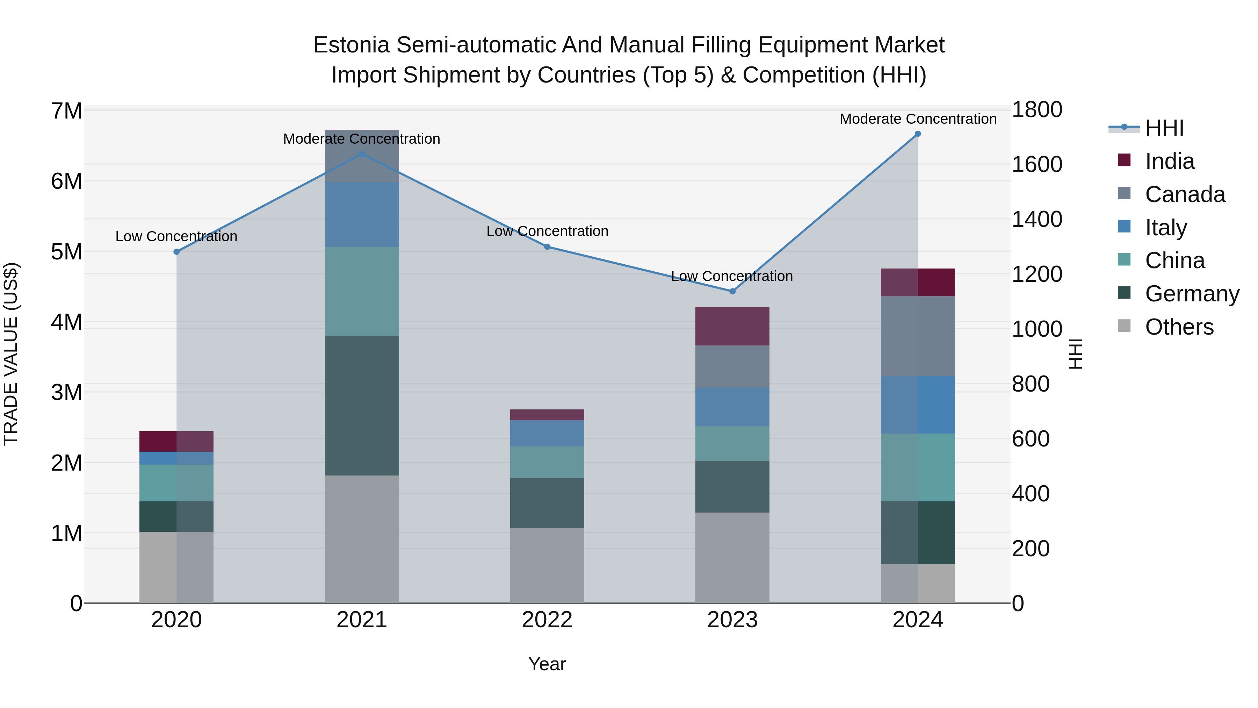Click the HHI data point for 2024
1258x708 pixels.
[x=918, y=134]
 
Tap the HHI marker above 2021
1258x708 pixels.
[x=362, y=154]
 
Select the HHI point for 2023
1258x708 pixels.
[x=732, y=291]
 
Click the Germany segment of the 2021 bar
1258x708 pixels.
[x=362, y=406]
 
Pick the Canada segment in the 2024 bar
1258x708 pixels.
[x=918, y=336]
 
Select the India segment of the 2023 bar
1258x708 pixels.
[x=732, y=327]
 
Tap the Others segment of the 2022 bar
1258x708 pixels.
[x=547, y=565]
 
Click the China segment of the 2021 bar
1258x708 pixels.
[x=362, y=291]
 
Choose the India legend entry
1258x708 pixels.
[x=1170, y=161]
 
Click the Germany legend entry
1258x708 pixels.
[x=1192, y=294]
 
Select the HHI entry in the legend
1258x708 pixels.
[x=1164, y=128]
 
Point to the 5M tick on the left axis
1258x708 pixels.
[x=67, y=252]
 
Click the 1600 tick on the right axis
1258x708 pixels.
[x=1037, y=164]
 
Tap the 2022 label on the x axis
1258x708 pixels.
[x=547, y=620]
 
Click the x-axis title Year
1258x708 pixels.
[x=547, y=664]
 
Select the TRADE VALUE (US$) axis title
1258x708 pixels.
[x=11, y=354]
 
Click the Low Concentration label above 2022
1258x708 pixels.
[x=547, y=231]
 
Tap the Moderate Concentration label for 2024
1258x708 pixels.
[x=918, y=119]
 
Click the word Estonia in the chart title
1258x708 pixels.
[x=351, y=45]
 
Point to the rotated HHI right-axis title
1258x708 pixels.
[x=1075, y=354]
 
